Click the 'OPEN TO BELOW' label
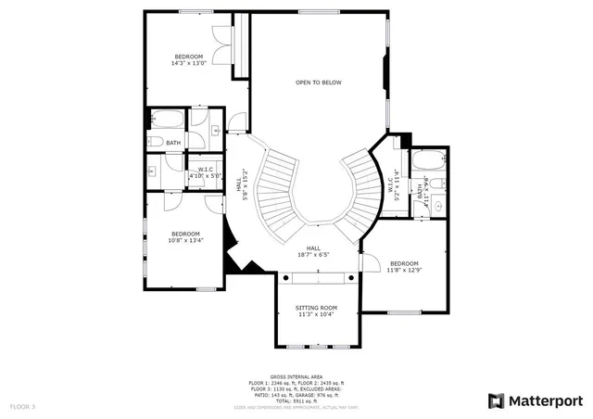pos(318,83)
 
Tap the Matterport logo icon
pos(496,400)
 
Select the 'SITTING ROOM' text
pos(316,307)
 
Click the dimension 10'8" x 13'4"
pos(185,240)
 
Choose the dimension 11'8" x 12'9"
pos(404,271)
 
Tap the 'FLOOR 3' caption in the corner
pos(22,406)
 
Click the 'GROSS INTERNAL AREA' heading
pos(296,376)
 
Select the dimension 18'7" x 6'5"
pos(315,255)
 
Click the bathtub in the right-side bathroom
pos(427,159)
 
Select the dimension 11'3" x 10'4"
pos(316,314)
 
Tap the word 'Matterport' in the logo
pos(545,400)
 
